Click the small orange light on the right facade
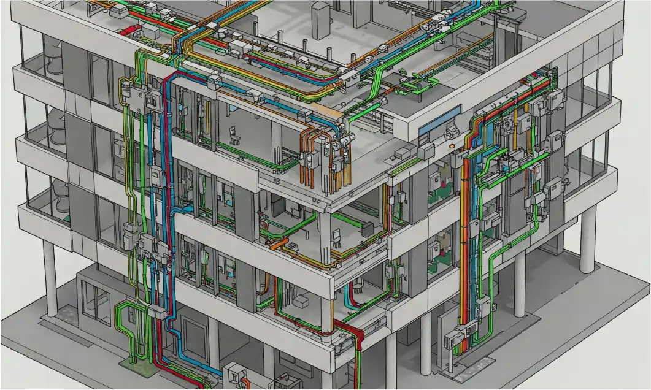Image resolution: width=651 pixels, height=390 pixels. (x=452, y=147)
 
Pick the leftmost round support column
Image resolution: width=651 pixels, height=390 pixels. (x=50, y=270)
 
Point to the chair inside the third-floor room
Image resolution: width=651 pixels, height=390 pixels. (x=233, y=134)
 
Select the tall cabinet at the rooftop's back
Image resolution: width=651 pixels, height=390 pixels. (x=320, y=20)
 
